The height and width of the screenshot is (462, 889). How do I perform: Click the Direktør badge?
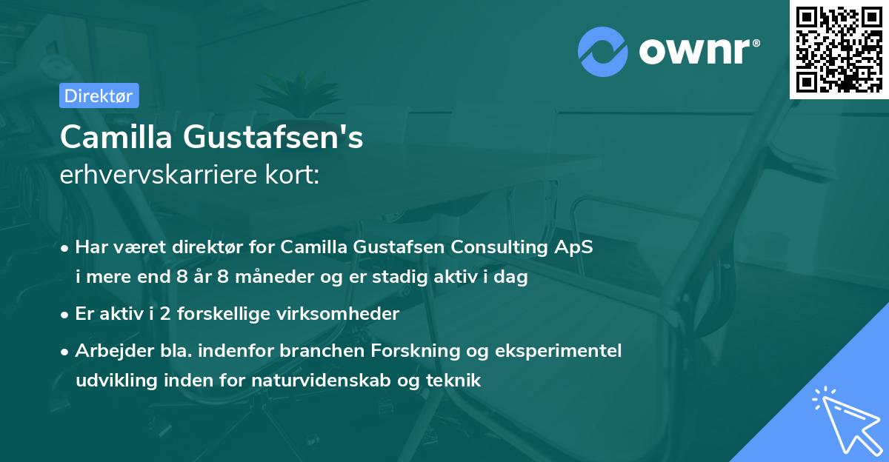[99, 96]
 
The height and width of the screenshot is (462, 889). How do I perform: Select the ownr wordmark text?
[697, 51]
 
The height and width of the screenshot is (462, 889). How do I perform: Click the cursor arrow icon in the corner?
[844, 420]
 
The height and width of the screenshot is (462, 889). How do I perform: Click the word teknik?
[458, 381]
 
